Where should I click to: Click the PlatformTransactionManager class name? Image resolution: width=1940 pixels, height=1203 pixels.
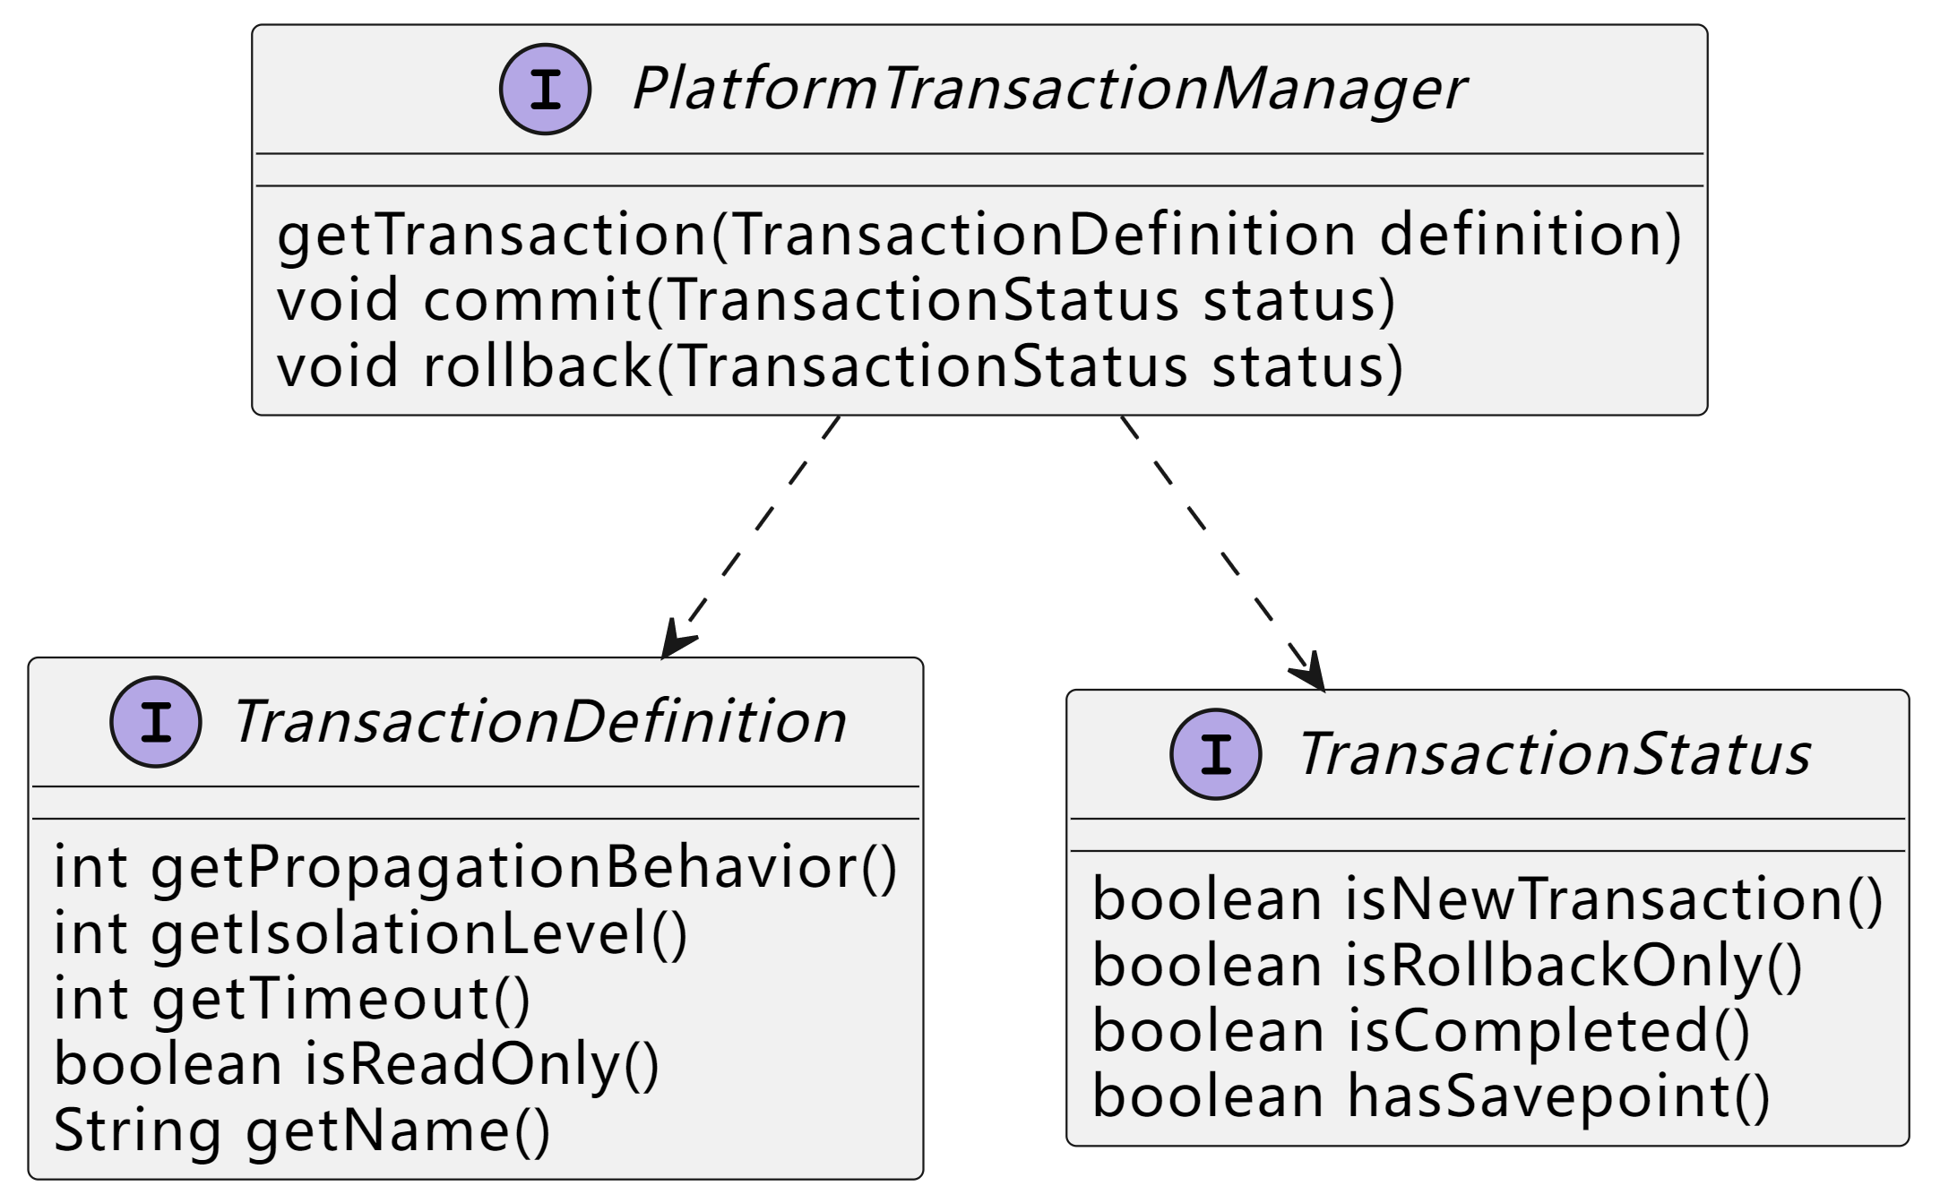click(x=1048, y=90)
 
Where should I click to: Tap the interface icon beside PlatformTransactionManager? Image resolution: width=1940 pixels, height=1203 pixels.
click(x=545, y=90)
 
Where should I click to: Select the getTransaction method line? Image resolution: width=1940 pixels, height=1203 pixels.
click(x=979, y=235)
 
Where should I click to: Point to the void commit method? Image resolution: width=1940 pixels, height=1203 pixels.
click(x=836, y=300)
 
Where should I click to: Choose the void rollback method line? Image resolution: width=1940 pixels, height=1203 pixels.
click(x=840, y=366)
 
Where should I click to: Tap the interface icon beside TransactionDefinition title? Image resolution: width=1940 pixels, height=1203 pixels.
click(x=156, y=722)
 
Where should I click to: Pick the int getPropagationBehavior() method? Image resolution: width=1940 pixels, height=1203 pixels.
click(x=475, y=868)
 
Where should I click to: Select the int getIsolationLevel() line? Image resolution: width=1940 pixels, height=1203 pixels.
click(x=370, y=933)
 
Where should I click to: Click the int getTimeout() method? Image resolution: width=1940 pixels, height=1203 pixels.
click(x=292, y=999)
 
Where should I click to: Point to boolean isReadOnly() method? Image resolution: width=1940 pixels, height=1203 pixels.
click(x=357, y=1064)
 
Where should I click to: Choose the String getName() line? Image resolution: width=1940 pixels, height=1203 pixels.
click(x=302, y=1130)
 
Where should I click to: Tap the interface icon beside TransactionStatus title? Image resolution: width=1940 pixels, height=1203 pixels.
click(x=1216, y=754)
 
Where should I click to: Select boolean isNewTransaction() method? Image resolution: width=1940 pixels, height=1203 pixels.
click(x=1487, y=899)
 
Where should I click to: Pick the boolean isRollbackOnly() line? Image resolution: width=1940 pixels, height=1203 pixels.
click(x=1447, y=966)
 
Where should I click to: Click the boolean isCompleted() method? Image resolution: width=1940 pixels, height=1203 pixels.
click(x=1421, y=1031)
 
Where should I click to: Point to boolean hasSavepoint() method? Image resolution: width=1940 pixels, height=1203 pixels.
click(x=1431, y=1097)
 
